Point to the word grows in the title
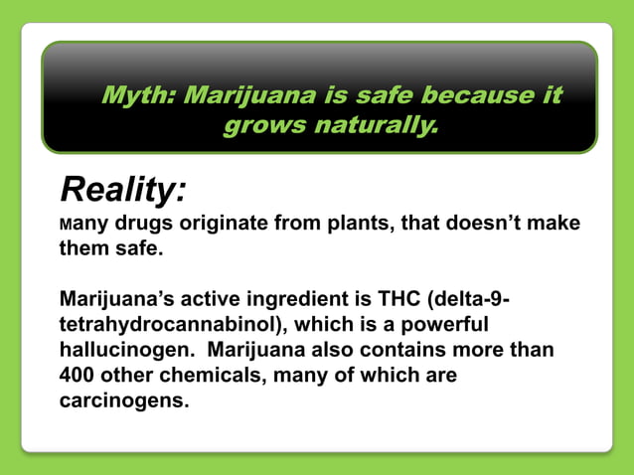pyautogui.click(x=264, y=127)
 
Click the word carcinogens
pyautogui.click(x=123, y=402)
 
